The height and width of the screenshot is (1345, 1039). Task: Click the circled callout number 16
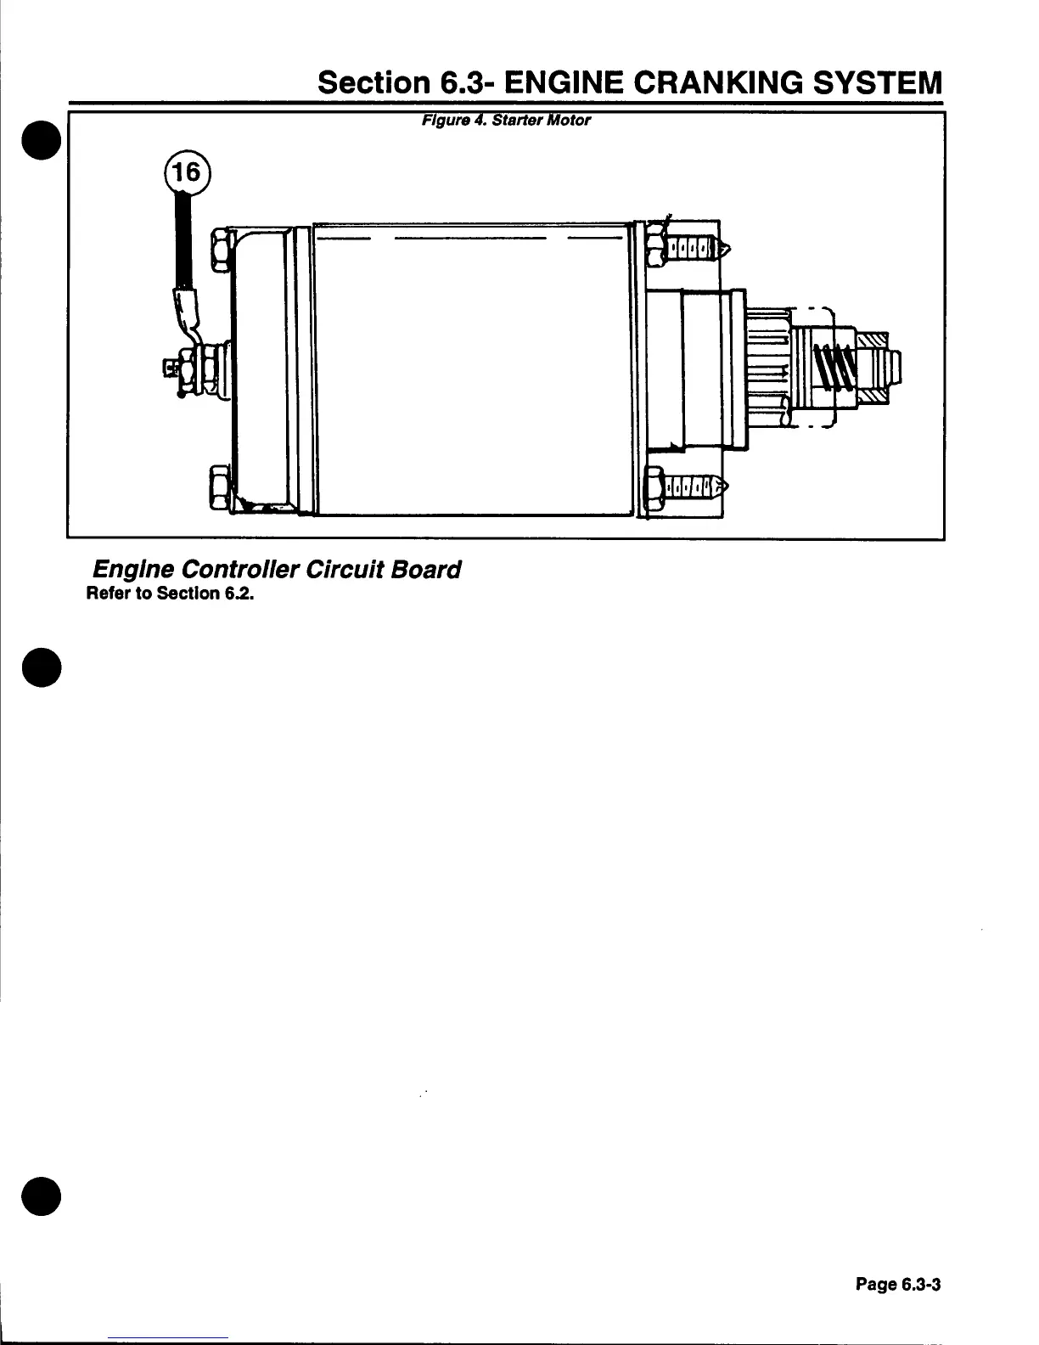tap(186, 173)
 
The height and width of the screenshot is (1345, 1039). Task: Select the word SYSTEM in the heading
tap(878, 82)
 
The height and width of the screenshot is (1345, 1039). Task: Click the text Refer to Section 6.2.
tap(171, 593)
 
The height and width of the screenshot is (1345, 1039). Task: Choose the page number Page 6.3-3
tap(898, 1285)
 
